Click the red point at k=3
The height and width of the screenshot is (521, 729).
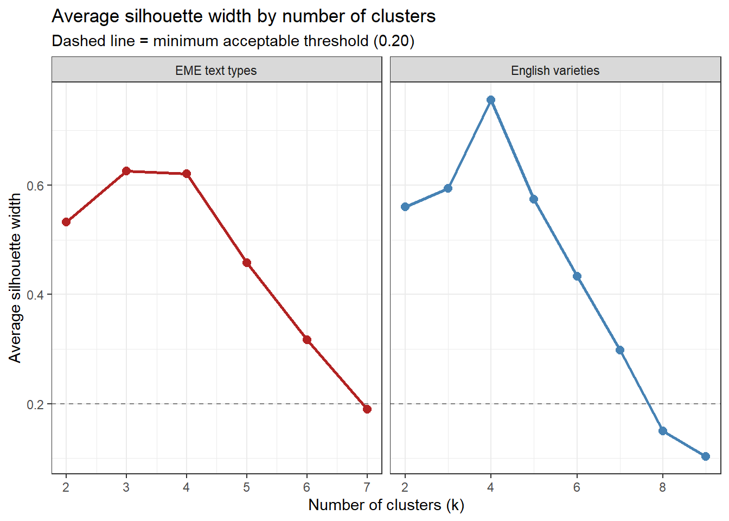pos(126,171)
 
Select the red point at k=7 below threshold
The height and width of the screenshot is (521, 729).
pos(367,409)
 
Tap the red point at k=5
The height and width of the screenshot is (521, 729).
pos(247,263)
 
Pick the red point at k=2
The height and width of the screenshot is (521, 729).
pos(66,222)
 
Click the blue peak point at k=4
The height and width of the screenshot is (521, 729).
pos(491,100)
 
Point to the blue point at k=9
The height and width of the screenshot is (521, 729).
pos(706,456)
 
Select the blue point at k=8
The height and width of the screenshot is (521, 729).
pos(663,431)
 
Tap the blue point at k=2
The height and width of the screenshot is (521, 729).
pos(405,207)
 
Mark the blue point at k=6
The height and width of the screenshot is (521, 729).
pos(577,276)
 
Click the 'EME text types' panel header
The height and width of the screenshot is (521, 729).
pos(216,71)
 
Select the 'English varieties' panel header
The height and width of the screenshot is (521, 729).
pos(555,71)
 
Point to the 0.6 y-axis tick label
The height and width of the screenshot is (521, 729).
pos(35,186)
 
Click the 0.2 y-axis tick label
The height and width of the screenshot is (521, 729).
pos(35,404)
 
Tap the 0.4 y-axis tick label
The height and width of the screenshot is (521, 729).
pos(35,295)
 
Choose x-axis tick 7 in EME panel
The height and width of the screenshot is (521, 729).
pos(367,487)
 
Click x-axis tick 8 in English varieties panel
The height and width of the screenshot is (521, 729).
pos(663,487)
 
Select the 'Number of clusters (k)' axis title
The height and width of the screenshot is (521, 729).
pos(386,505)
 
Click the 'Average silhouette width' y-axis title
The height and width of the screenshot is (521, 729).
pos(15,278)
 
